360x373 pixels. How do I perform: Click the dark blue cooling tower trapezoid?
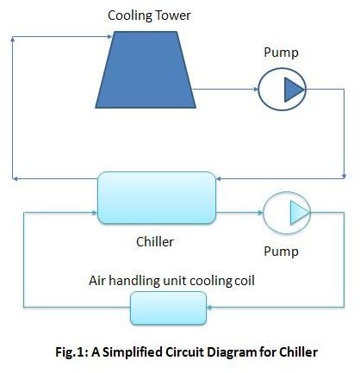click(x=146, y=70)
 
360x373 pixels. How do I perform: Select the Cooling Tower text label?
click(x=149, y=16)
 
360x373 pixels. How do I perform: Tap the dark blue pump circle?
click(x=282, y=90)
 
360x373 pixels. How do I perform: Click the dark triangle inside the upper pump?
click(x=294, y=90)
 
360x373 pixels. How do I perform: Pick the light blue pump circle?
click(x=287, y=213)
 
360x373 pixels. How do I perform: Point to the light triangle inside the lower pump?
click(x=299, y=213)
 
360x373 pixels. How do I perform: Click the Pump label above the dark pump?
click(x=281, y=53)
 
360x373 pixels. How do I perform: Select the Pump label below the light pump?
click(x=281, y=252)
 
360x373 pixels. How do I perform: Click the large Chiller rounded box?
click(x=157, y=198)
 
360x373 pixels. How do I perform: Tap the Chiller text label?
click(x=155, y=242)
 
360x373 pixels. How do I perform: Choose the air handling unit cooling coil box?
click(x=168, y=308)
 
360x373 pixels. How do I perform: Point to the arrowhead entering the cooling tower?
click(x=109, y=36)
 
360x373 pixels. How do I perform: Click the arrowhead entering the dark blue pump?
click(x=256, y=90)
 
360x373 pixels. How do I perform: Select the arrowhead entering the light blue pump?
click(x=260, y=213)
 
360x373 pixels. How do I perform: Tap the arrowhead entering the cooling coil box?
click(x=209, y=308)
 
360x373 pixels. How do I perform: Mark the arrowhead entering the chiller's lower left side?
click(x=95, y=213)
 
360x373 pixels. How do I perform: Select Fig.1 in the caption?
click(x=71, y=352)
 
